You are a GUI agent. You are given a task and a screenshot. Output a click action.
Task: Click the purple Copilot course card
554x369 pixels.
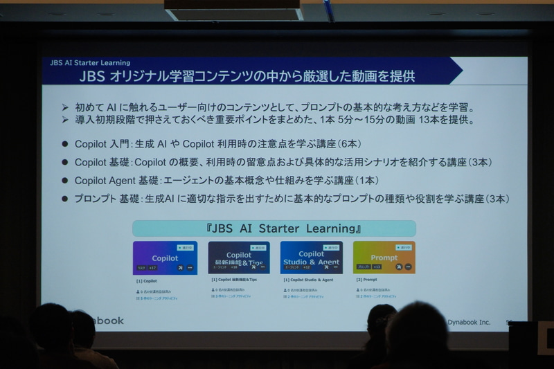coord(165,258)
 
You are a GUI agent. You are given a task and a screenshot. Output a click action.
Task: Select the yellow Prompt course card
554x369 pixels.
coord(384,258)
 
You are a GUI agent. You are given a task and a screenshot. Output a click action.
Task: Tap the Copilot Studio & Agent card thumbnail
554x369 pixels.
coord(311,258)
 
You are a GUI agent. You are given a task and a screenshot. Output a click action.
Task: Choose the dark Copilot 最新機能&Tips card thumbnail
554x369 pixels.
coord(238,258)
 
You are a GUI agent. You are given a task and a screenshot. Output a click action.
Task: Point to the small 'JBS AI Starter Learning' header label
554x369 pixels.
coord(90,63)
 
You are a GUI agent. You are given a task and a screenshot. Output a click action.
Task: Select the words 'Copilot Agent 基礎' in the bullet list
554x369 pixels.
coord(116,181)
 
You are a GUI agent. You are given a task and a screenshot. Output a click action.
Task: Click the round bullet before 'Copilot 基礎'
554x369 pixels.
coord(66,163)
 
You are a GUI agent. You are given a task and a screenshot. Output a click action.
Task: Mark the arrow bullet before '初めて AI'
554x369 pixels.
coord(65,107)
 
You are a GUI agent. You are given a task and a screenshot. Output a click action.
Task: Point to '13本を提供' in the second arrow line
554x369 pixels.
coord(447,120)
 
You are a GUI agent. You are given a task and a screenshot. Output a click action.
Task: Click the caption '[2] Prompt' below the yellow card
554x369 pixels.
coord(365,280)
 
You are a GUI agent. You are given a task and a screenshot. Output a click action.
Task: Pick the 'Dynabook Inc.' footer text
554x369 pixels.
coord(468,322)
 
